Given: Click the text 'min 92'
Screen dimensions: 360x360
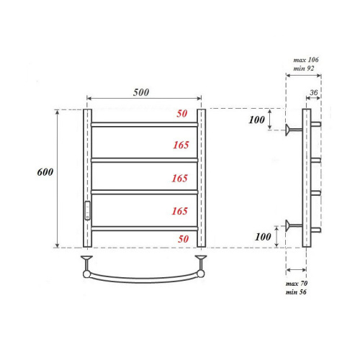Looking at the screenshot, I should pos(304,68).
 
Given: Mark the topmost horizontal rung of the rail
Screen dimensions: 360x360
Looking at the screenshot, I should pos(144,125).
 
